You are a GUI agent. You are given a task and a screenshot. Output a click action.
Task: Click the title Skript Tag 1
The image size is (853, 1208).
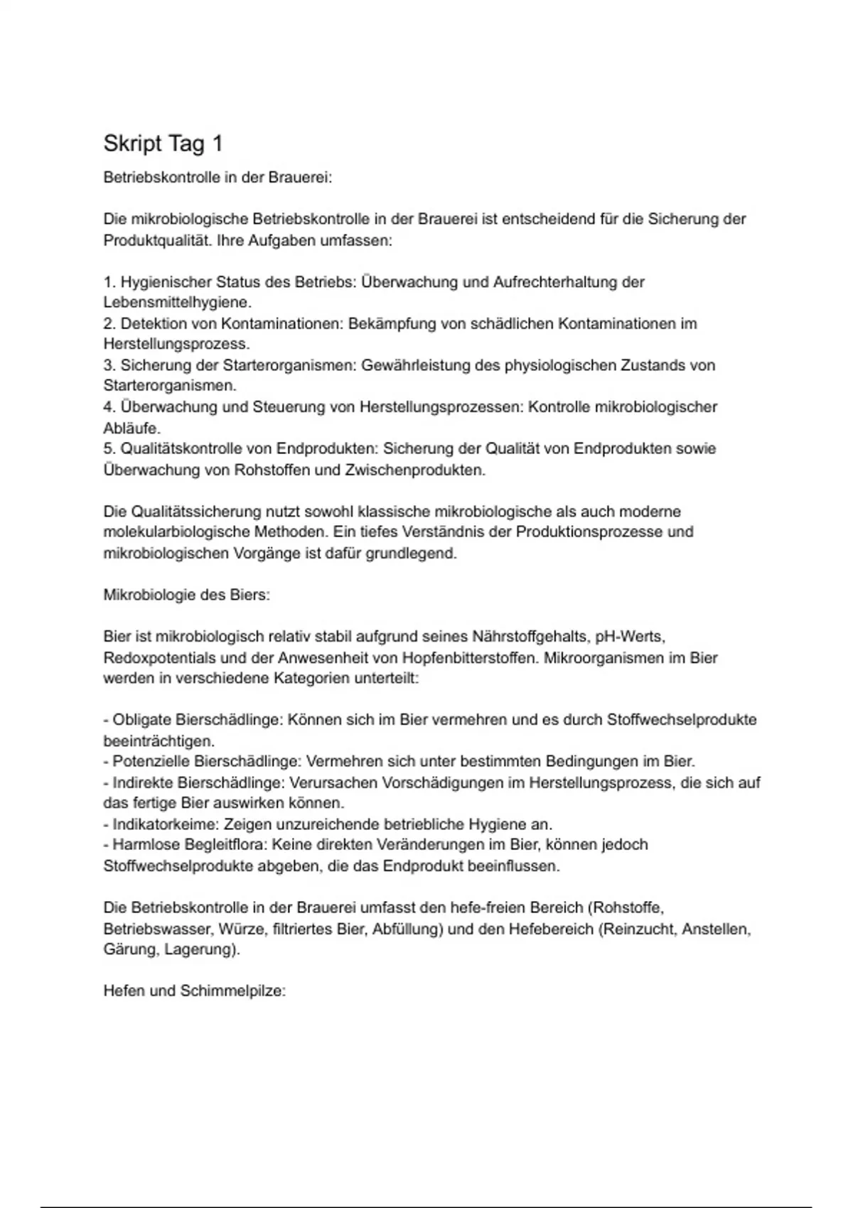click(x=163, y=144)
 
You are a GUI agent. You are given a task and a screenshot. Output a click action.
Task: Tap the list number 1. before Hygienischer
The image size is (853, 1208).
click(x=110, y=282)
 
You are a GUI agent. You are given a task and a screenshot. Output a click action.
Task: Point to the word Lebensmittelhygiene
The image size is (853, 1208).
click(x=177, y=303)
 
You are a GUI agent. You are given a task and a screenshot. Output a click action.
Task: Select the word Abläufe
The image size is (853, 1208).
click(x=132, y=428)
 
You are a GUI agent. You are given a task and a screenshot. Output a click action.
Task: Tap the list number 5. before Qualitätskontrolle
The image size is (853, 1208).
click(x=110, y=449)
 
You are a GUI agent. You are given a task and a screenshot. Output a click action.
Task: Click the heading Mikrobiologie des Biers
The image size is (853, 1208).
click(x=187, y=595)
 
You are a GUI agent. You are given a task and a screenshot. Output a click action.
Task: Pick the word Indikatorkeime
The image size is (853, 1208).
click(x=166, y=824)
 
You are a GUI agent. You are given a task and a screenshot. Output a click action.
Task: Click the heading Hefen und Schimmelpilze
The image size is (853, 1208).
click(x=195, y=991)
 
